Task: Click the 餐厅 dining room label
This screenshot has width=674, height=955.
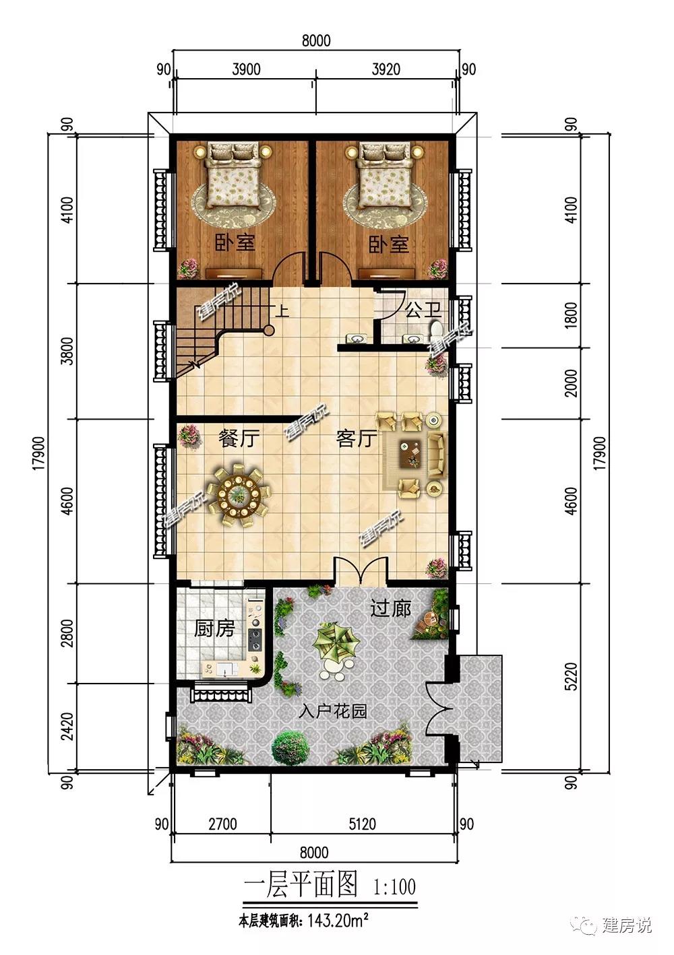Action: point(239,438)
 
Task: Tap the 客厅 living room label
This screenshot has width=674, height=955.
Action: point(357,438)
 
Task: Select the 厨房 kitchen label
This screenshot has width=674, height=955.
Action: point(214,628)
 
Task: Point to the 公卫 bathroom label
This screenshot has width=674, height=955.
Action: point(423,310)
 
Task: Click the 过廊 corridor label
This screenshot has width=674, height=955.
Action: point(390,608)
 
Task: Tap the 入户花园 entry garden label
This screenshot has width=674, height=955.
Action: point(333,711)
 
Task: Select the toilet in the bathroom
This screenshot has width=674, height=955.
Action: point(436,331)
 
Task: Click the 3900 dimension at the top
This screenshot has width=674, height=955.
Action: point(246,69)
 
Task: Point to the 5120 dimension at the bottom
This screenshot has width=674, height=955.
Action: point(362,824)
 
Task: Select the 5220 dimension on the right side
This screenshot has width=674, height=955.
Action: point(572,676)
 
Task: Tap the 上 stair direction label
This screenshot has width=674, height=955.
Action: point(282,310)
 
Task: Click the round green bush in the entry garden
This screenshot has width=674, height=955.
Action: point(290,748)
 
